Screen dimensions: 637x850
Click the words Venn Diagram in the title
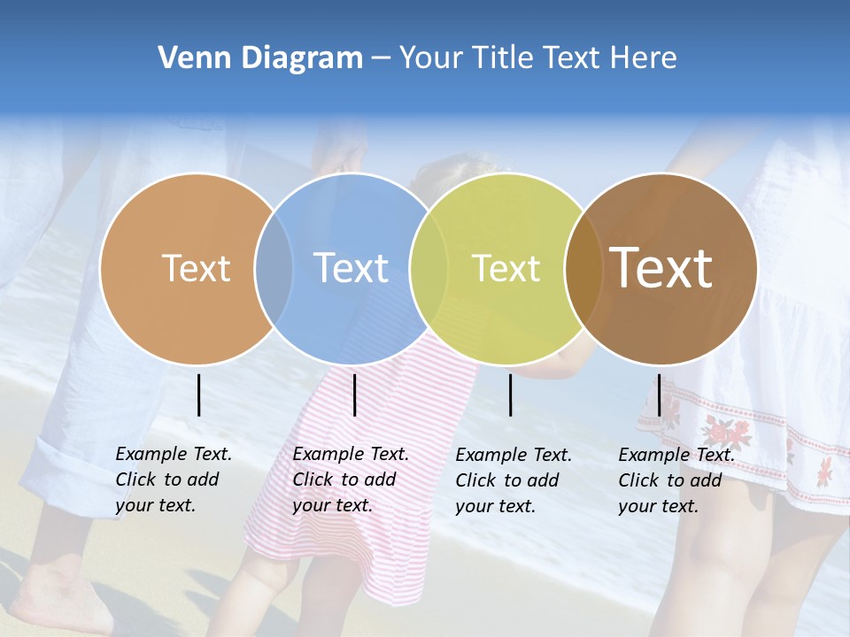coord(259,58)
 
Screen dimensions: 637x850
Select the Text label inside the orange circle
coord(196,268)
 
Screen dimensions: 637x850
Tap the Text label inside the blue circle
coord(351,268)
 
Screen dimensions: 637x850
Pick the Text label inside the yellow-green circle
coord(506,268)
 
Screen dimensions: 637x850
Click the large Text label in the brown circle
coord(661,268)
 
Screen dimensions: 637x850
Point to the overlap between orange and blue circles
coord(274,269)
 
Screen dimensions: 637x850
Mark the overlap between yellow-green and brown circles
coord(579,269)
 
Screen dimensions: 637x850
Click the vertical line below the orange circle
coord(198,395)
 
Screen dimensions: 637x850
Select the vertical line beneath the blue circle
coord(354,395)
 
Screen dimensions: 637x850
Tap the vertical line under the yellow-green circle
coord(510,395)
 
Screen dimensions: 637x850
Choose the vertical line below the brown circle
coord(659,395)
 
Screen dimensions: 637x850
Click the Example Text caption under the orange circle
coord(173,480)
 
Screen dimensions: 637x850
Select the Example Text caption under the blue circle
coord(350,480)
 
